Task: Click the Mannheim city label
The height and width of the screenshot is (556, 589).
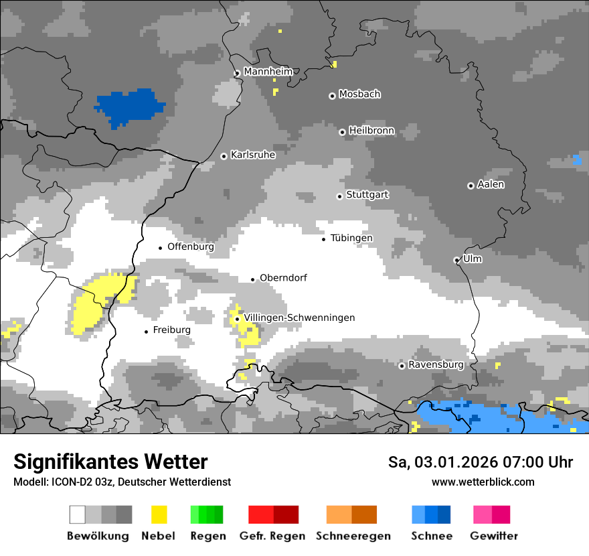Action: [x=268, y=72]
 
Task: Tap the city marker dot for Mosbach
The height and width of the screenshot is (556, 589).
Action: [x=332, y=96]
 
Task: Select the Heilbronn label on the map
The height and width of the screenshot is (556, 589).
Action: [x=371, y=131]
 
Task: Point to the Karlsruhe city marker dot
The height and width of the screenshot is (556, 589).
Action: [x=224, y=156]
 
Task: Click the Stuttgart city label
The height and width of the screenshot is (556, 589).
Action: [x=367, y=195]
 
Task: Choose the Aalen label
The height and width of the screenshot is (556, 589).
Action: [x=491, y=184]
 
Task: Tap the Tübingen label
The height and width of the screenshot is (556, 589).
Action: [x=351, y=238]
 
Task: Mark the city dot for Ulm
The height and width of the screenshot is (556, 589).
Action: [x=457, y=260]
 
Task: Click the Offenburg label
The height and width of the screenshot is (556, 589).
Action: [x=191, y=247]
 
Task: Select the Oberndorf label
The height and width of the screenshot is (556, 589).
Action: [x=283, y=277]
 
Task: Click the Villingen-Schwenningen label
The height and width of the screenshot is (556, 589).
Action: [x=299, y=318]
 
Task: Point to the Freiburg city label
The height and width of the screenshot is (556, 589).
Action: [x=171, y=330]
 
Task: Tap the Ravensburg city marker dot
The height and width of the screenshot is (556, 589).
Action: [x=402, y=366]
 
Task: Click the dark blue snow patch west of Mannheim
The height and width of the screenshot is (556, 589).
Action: [x=131, y=106]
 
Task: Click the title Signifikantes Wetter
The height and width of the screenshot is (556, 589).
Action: [x=110, y=462]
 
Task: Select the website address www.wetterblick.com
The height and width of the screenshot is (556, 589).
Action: [x=483, y=482]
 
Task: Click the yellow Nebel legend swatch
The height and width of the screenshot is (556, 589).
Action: [x=159, y=514]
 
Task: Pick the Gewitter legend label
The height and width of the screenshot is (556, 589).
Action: [x=493, y=536]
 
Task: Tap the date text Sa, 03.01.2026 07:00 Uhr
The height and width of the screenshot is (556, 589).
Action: [x=480, y=462]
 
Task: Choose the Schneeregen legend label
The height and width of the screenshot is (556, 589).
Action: [x=353, y=536]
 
